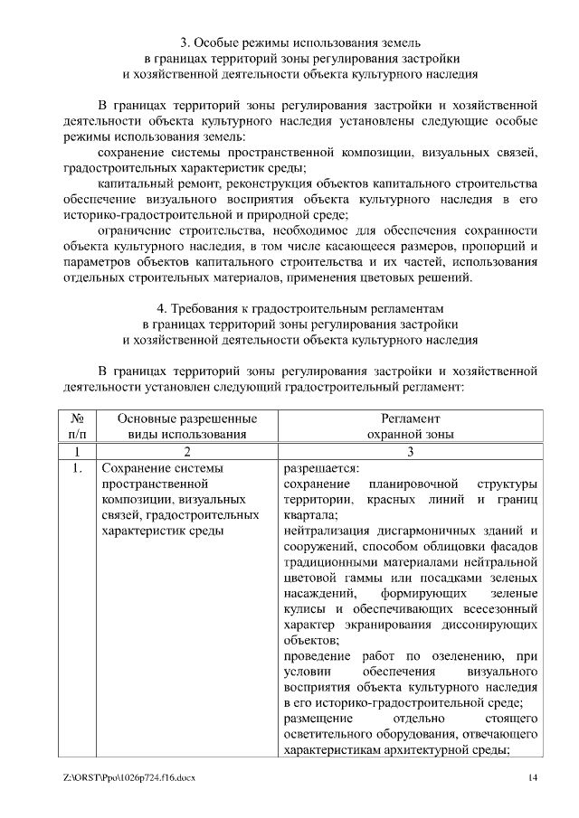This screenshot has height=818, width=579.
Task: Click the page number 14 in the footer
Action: pos(534,778)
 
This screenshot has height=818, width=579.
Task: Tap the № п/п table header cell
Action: pos(78,427)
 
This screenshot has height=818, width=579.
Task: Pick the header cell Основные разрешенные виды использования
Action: pos(187,427)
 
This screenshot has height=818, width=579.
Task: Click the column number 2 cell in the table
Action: pos(187,451)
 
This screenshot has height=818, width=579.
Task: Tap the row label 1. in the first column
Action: pos(78,468)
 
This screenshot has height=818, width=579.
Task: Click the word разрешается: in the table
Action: pos(321,468)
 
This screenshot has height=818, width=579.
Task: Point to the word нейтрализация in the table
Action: pos(325,530)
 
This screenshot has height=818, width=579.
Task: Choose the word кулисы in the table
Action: pos(304,610)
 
